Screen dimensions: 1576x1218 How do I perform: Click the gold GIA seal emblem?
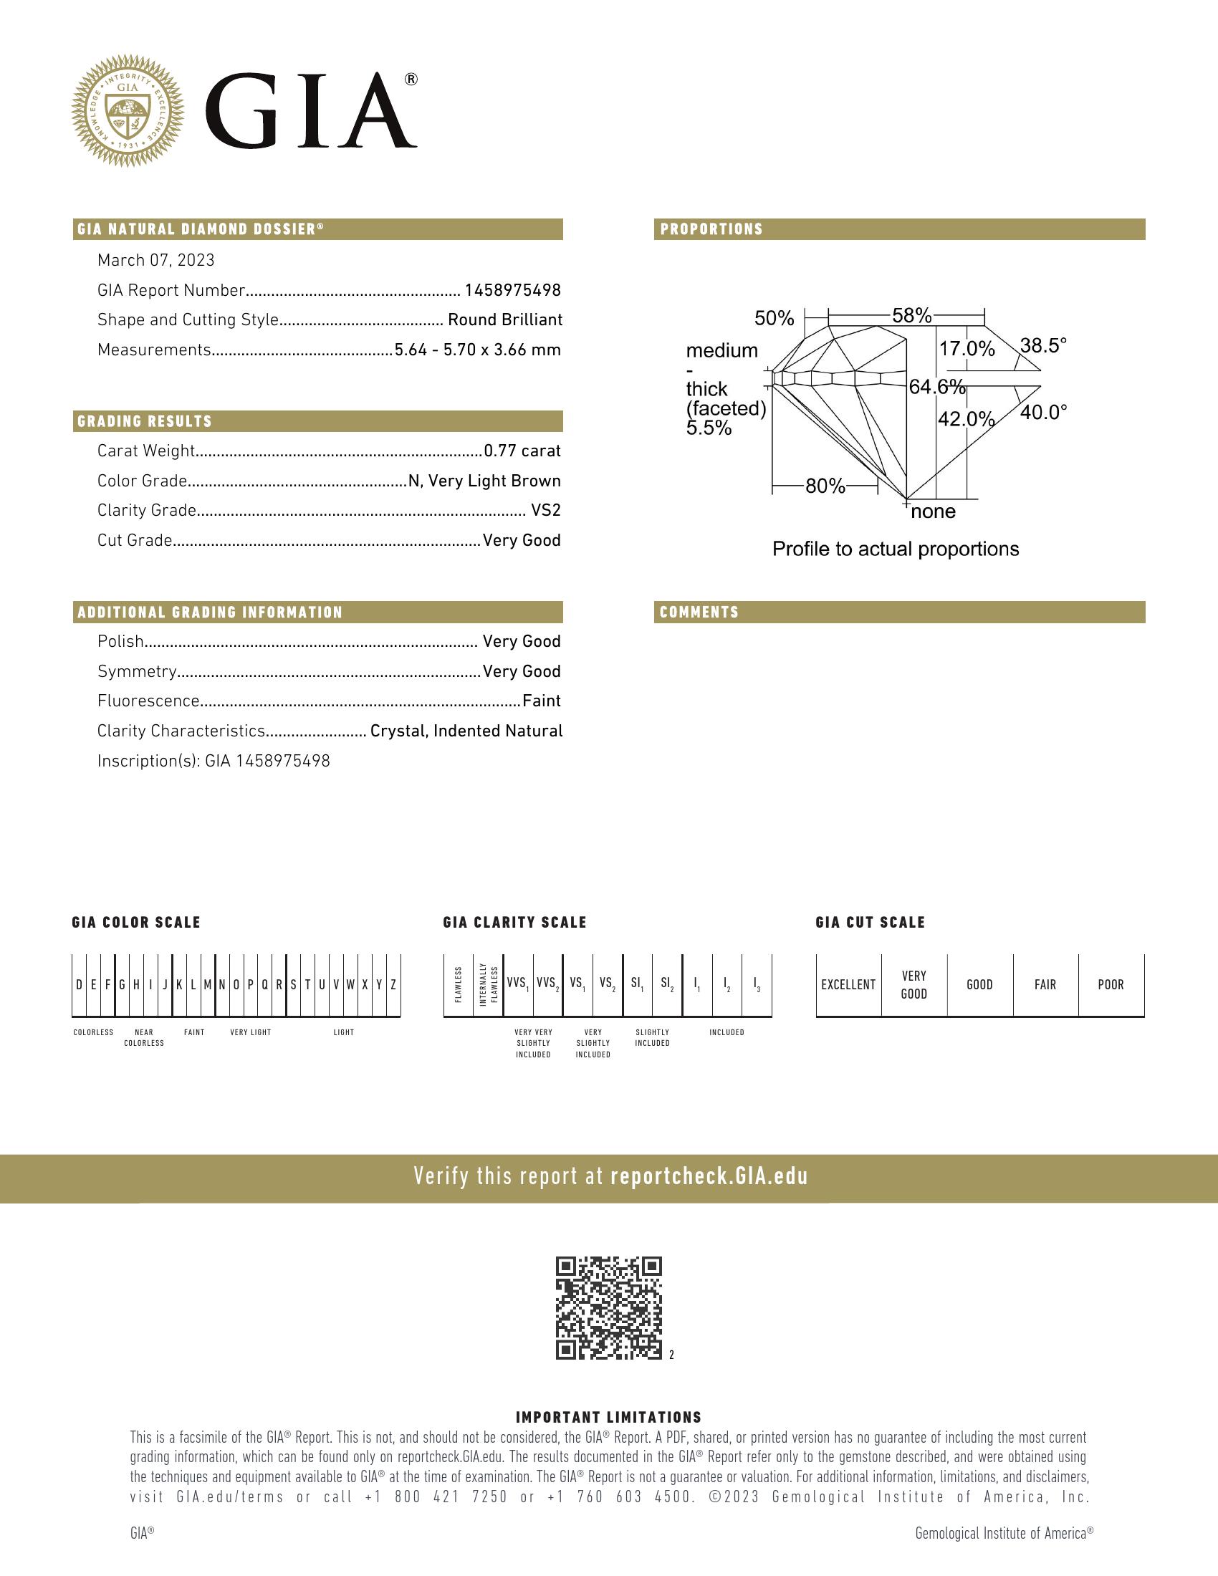pos(128,110)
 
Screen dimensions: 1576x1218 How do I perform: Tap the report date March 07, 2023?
pos(156,261)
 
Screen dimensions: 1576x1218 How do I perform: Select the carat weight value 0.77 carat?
pos(522,451)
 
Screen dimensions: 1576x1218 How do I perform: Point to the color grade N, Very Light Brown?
pos(484,481)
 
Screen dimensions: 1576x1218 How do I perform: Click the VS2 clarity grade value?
pos(545,511)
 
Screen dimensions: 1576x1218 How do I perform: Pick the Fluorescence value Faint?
pos(541,701)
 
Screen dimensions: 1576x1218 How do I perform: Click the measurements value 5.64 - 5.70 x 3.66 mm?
pos(477,350)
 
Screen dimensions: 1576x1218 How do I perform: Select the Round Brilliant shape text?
pos(504,319)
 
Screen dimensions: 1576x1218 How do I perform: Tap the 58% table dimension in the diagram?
pos(911,315)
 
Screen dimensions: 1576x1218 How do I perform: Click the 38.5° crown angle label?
pos(1042,346)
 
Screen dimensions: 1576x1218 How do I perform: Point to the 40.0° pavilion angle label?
pos(1042,413)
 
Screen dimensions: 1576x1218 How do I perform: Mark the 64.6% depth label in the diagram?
pos(936,388)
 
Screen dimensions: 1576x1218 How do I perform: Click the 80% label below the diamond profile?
pos(825,486)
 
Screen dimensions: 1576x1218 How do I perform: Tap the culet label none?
pos(933,512)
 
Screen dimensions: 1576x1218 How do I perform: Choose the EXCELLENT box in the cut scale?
pos(848,985)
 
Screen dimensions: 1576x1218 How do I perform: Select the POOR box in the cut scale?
pos(1111,985)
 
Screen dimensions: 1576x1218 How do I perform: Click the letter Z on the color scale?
pos(393,985)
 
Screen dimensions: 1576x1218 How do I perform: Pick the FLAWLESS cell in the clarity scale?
pos(459,985)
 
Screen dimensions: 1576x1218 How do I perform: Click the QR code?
pos(608,1308)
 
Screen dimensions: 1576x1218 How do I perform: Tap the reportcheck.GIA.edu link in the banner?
pos(709,1177)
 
